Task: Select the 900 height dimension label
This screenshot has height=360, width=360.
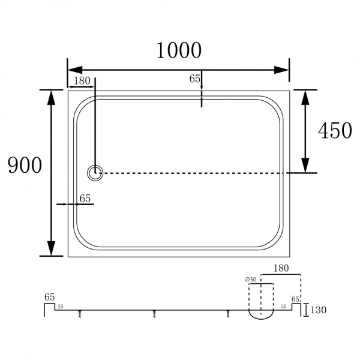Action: [x=25, y=164]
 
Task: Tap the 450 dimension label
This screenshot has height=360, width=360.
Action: [x=334, y=130]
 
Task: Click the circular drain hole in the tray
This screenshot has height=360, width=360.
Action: [x=95, y=173]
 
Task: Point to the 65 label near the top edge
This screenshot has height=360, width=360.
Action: [x=194, y=78]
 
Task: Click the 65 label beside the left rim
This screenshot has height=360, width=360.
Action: [x=85, y=197]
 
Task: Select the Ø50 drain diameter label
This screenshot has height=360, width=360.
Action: [x=251, y=280]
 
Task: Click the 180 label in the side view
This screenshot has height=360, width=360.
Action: [x=284, y=268]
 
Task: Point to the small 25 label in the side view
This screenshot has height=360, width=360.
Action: [x=60, y=307]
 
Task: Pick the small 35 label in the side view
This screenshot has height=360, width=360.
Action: [x=283, y=307]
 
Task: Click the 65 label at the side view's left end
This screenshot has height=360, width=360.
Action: [x=49, y=296]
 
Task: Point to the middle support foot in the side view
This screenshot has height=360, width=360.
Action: [x=154, y=314]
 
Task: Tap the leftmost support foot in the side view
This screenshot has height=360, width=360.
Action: [x=80, y=314]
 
